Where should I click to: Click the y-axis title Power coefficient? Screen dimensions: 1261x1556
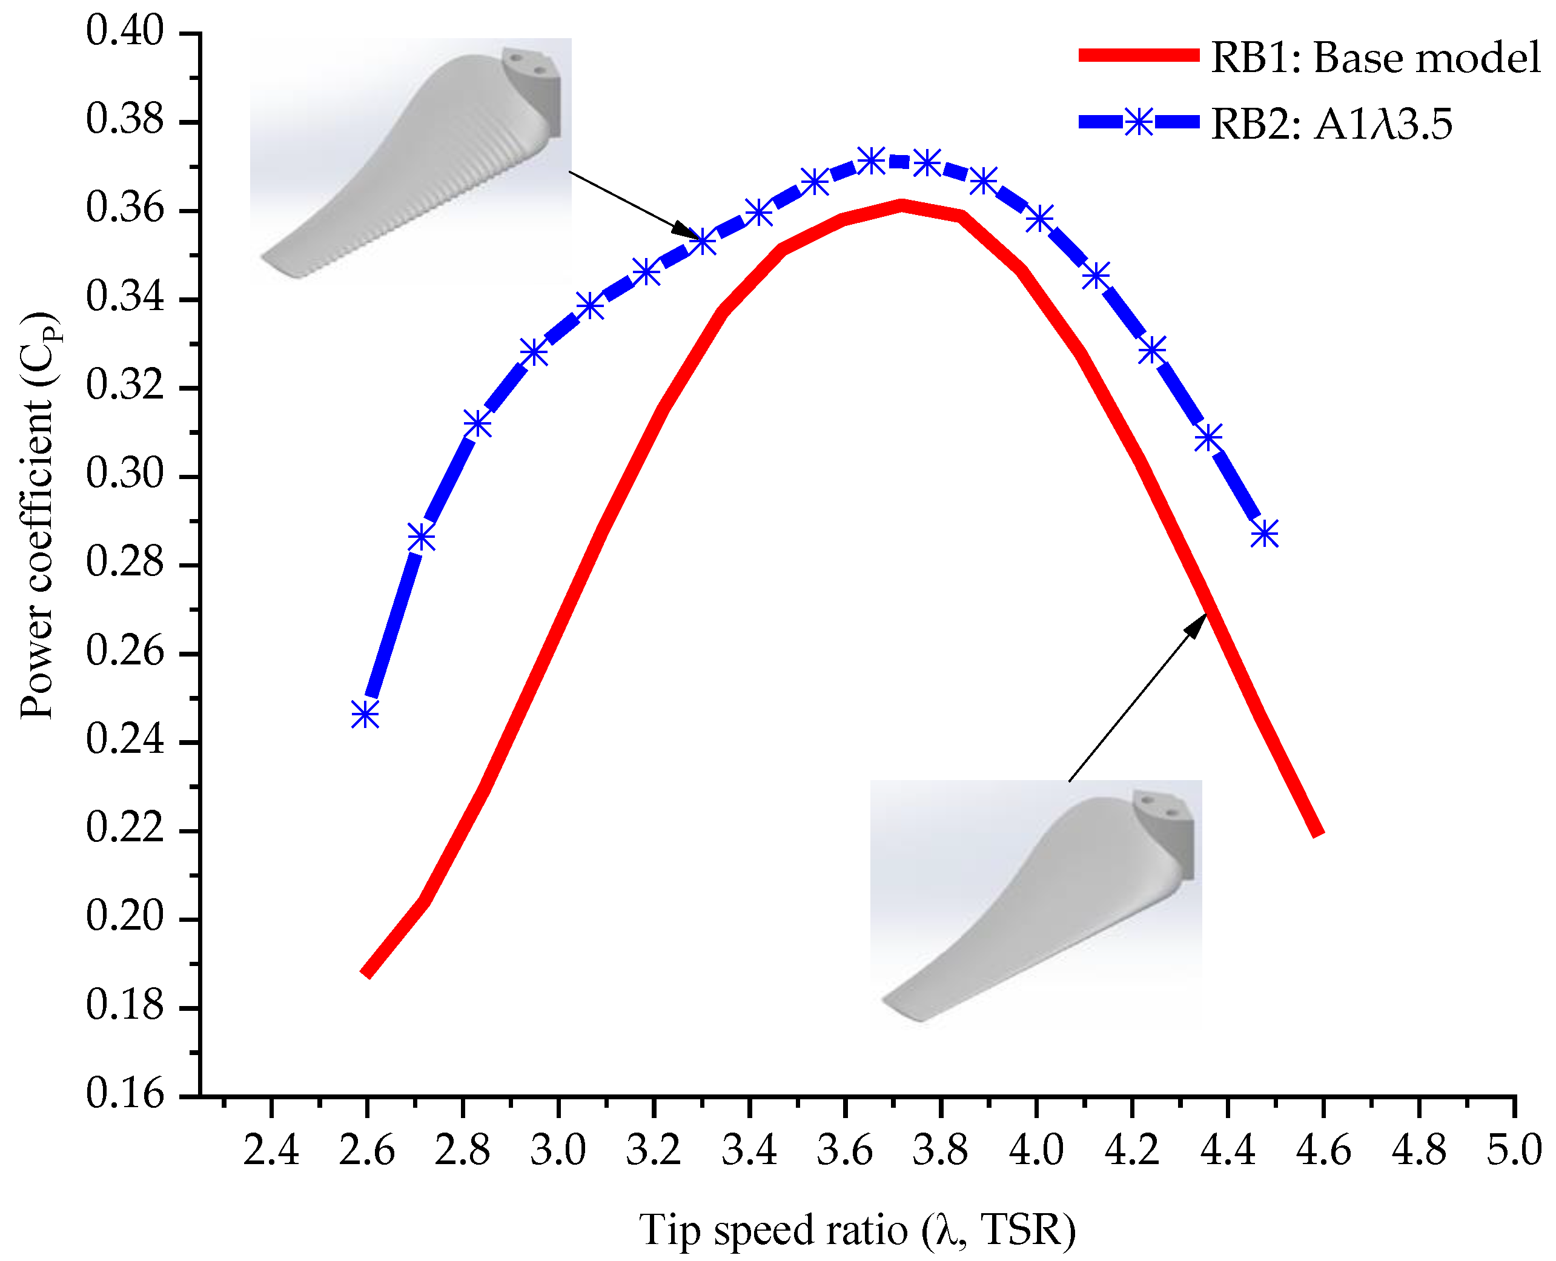point(38,516)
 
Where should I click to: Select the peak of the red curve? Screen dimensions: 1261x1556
point(901,205)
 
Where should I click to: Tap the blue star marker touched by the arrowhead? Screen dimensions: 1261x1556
point(703,242)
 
